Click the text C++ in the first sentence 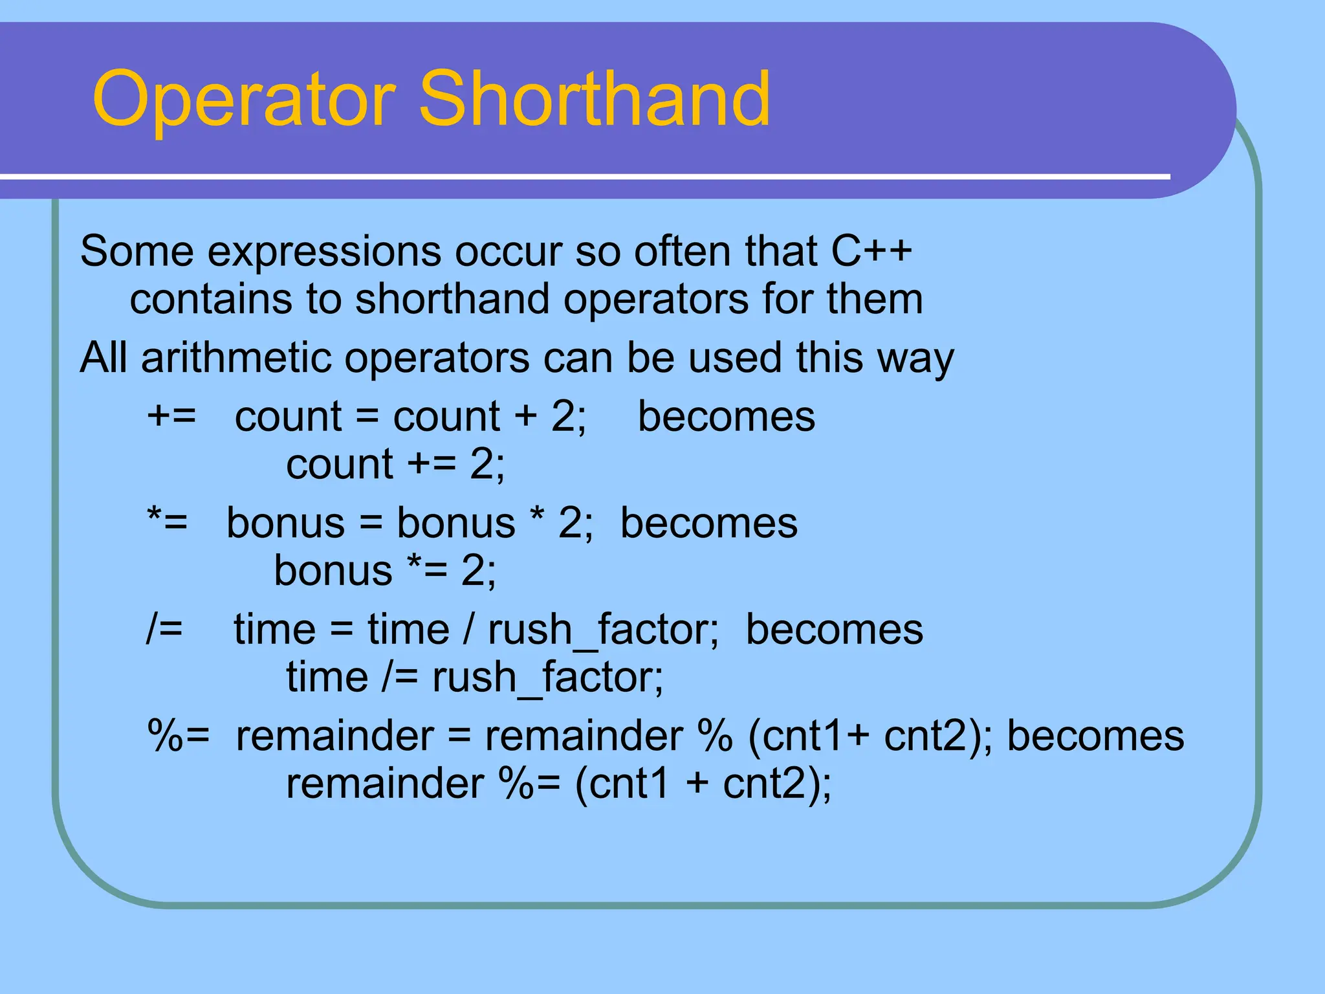871,251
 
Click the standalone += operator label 171,415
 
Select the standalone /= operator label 164,628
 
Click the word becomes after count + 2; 727,416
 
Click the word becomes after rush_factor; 835,629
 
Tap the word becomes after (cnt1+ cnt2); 1095,736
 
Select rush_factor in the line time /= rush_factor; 547,678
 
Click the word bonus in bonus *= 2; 333,571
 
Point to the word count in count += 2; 339,464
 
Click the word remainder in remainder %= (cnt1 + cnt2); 384,784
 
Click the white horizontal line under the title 582,176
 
